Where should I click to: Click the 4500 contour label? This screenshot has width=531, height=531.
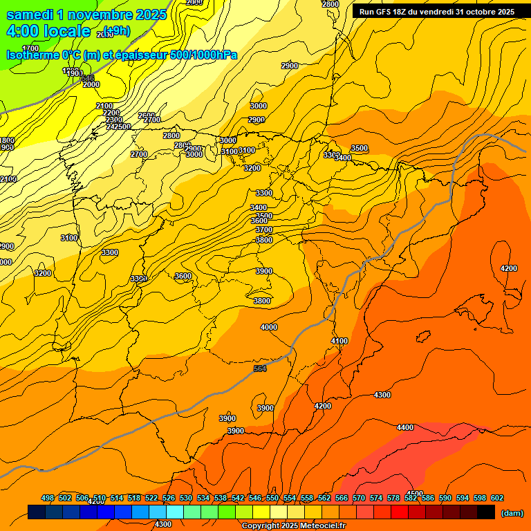coord(416,494)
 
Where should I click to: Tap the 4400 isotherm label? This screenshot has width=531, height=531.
coord(405,427)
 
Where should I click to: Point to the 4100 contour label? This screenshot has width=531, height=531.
coord(339,341)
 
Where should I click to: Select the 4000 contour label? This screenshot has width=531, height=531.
coord(269,327)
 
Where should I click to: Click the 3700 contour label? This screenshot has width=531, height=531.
coord(264,230)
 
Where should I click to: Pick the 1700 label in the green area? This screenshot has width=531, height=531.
coord(30,48)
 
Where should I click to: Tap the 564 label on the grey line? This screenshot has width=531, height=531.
coord(260,369)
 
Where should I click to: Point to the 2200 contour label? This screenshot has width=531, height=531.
coord(111,113)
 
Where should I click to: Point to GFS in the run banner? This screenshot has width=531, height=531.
coord(383,12)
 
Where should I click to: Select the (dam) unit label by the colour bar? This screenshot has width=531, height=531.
coord(511,513)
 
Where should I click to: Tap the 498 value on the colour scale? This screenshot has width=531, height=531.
coord(48,498)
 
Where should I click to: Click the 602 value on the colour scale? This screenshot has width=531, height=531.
coord(497,498)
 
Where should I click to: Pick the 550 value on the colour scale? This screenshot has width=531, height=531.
coord(272,498)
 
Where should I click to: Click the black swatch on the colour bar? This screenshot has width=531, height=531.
coord(486,512)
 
